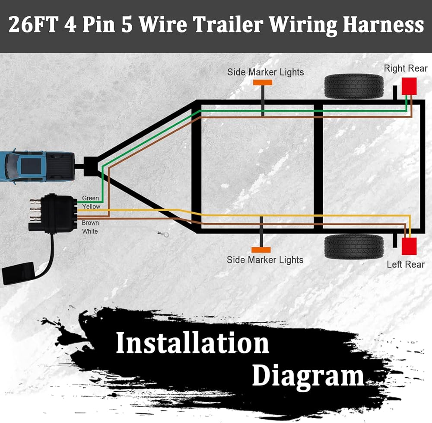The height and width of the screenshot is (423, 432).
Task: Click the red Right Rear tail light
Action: [x=409, y=86]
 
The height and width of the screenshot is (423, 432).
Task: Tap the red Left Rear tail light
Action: [x=409, y=246]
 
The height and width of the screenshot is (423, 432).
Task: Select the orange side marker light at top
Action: [x=262, y=82]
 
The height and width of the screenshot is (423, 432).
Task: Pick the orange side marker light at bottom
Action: [x=261, y=250]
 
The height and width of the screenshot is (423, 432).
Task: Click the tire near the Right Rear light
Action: [x=354, y=86]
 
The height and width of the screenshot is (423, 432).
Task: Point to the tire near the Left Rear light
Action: [x=354, y=247]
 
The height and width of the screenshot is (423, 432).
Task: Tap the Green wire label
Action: [x=90, y=199]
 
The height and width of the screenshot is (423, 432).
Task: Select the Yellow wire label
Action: [x=91, y=207]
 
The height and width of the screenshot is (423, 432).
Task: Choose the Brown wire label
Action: [x=90, y=223]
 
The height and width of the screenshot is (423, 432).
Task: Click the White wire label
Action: [x=90, y=231]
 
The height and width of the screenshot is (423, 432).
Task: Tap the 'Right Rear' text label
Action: [x=406, y=68]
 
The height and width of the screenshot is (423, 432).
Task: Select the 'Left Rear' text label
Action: [x=406, y=264]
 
